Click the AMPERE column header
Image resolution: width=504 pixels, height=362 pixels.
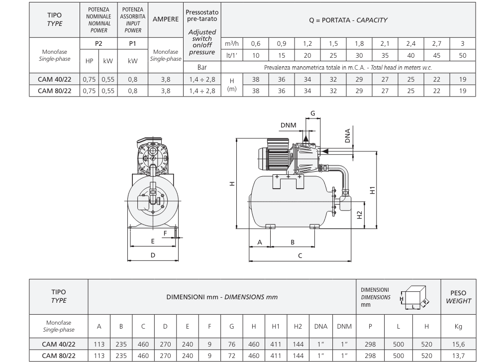166,20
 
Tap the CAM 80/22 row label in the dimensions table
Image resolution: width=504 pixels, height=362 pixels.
59,356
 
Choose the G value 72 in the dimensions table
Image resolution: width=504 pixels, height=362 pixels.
232,356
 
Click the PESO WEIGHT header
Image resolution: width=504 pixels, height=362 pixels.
458,297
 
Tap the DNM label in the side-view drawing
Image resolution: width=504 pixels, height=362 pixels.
289,125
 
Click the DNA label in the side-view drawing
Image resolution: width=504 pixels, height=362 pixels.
347,135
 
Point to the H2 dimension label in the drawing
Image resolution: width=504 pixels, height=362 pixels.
359,215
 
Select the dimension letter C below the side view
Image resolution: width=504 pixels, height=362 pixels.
300,255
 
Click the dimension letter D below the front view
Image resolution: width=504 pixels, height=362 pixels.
153,255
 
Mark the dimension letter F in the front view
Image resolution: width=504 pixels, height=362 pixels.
166,233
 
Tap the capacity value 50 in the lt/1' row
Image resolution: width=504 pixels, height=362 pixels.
463,55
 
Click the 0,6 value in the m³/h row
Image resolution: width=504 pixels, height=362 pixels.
255,44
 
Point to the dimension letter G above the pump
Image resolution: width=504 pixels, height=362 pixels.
312,114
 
